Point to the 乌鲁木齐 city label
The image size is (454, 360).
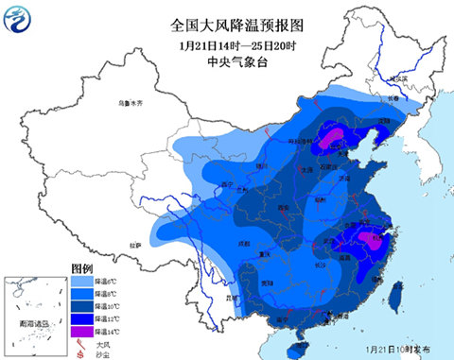coord(129,101)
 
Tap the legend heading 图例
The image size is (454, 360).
coord(82,267)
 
